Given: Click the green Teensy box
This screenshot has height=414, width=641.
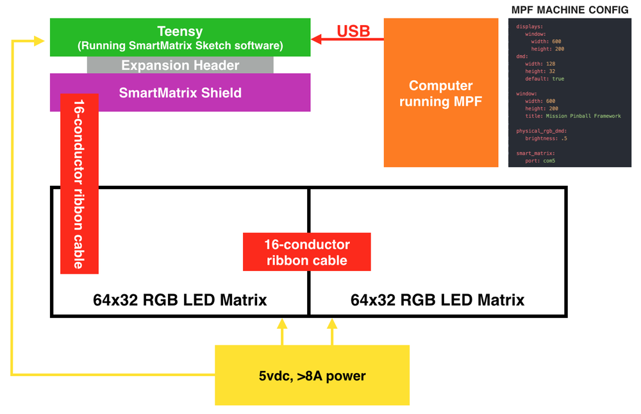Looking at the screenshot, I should [x=180, y=38].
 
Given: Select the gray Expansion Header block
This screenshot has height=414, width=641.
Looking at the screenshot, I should [x=180, y=65].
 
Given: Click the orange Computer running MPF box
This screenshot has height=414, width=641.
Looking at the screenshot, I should [x=441, y=93].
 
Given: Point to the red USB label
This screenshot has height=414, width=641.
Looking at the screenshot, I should [x=353, y=31].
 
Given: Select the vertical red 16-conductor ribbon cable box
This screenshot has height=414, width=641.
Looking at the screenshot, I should [x=78, y=183].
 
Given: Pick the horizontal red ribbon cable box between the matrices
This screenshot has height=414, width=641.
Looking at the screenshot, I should [x=307, y=252].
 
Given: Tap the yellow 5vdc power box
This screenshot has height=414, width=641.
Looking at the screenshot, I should [x=312, y=376].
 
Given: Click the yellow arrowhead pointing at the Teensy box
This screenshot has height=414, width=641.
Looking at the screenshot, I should [x=38, y=42].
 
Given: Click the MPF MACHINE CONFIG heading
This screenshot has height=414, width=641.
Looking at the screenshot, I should [x=570, y=10].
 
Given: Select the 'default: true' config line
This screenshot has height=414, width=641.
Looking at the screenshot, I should [x=544, y=79].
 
